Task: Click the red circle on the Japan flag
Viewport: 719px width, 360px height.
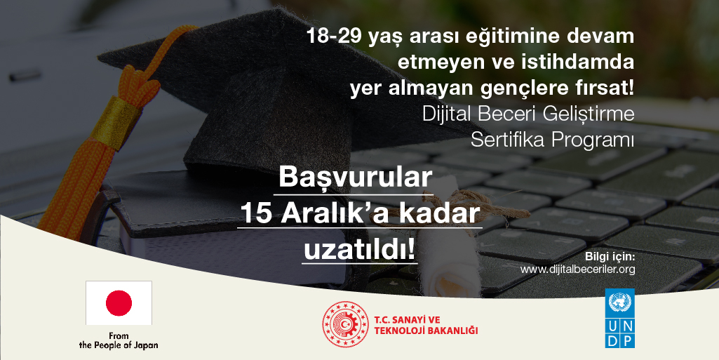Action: (119, 303)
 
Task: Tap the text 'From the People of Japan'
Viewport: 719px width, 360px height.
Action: (119, 341)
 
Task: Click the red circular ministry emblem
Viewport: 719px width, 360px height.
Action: (345, 324)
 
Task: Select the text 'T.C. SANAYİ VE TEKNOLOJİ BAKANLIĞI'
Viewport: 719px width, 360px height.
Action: (426, 325)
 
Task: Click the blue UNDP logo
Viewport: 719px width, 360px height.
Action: (619, 318)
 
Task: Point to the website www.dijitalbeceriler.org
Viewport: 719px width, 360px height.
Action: (577, 269)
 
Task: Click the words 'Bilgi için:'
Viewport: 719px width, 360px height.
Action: (610, 256)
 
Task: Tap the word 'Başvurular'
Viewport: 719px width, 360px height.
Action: (356, 178)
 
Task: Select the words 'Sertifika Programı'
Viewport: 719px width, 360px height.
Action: (553, 140)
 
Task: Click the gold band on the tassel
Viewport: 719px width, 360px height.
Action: (117, 121)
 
